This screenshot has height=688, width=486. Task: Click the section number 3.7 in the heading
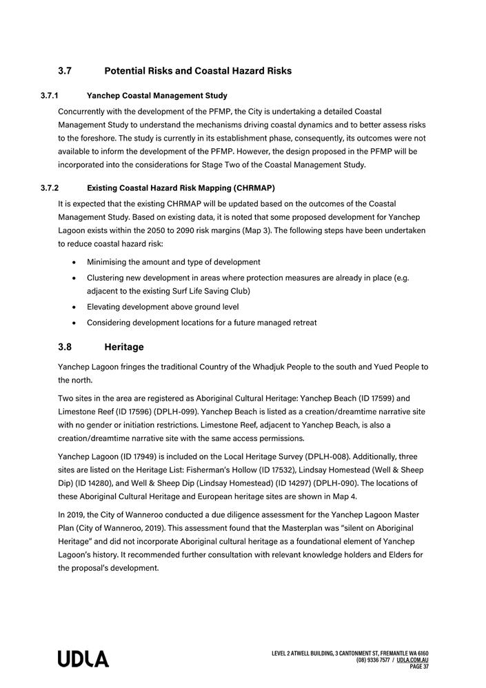tap(65, 71)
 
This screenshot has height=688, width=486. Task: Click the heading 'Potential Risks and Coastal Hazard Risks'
tap(198, 71)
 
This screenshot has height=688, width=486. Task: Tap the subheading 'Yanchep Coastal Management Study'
tap(157, 95)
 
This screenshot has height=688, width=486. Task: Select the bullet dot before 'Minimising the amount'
tap(74, 263)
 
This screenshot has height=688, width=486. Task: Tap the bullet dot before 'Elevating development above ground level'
tap(74, 307)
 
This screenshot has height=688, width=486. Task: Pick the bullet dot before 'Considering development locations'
tap(74, 323)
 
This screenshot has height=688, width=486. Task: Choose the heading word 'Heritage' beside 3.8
tap(124, 347)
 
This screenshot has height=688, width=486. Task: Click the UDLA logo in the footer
tap(83, 659)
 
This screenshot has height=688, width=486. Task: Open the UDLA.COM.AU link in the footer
tap(413, 660)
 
